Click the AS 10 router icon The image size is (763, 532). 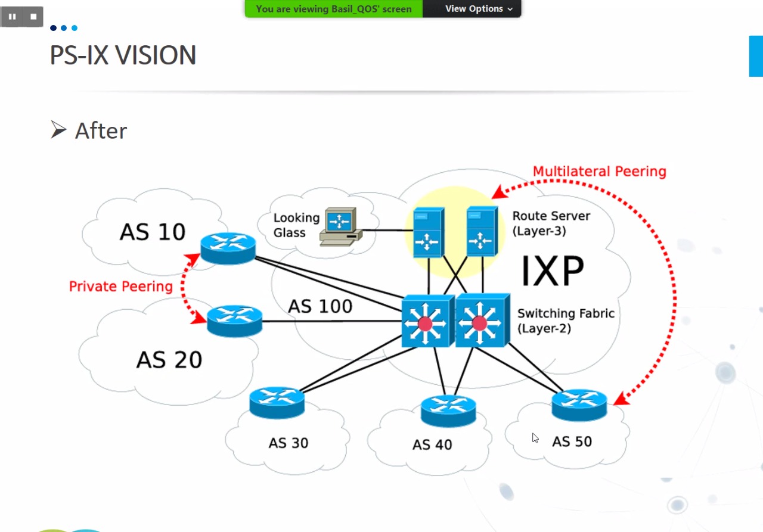pos(228,248)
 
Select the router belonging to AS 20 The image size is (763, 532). pos(234,321)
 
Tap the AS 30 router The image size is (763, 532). pos(277,402)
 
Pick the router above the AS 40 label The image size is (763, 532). pos(448,410)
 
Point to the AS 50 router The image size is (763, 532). pos(579,405)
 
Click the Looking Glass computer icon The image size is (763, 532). pos(339,227)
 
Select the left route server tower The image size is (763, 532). pos(429,232)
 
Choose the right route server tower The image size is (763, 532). pos(482,231)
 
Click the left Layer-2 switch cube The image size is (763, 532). pos(426,321)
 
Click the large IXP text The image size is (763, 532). pos(552,272)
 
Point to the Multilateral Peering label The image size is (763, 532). pos(599,172)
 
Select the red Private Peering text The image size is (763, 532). pos(120,287)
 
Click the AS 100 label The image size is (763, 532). pos(320,306)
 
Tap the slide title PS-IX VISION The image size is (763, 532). pos(123,55)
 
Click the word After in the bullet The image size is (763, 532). pos(101,131)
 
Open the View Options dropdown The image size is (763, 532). pos(479,9)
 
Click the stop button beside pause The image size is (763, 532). pos(33,17)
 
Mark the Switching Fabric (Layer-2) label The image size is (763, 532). pos(565,321)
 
